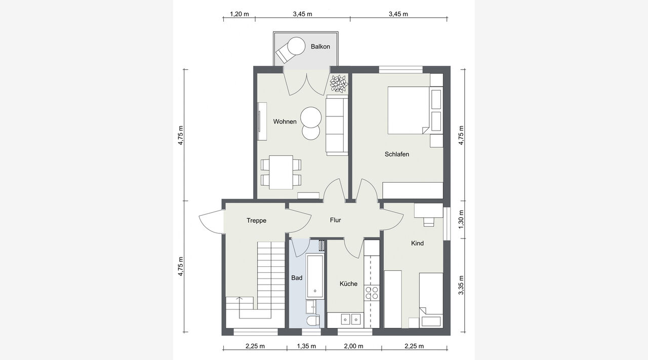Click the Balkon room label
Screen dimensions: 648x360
(x=320, y=46)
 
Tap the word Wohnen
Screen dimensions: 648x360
(x=285, y=122)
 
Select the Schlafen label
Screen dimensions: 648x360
(x=396, y=154)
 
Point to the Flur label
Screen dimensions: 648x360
(x=335, y=220)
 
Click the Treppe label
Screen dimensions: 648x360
(x=256, y=221)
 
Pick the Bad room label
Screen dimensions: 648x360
(x=297, y=278)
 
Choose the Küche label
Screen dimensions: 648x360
(x=348, y=284)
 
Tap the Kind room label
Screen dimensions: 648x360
(x=417, y=243)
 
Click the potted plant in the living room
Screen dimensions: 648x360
(x=339, y=84)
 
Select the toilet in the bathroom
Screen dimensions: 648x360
(x=313, y=321)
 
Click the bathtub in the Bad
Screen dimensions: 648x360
(x=315, y=276)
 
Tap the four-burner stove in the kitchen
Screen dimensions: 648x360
(x=372, y=293)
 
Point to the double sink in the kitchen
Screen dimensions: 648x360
(x=350, y=319)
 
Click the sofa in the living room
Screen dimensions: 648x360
(x=337, y=125)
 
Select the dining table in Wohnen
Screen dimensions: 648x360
(x=281, y=173)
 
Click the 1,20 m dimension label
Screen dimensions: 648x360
(x=239, y=14)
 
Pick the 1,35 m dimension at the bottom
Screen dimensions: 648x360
(x=306, y=346)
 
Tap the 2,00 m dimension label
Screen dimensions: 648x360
(x=353, y=346)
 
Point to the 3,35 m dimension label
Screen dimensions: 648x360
(x=461, y=285)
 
